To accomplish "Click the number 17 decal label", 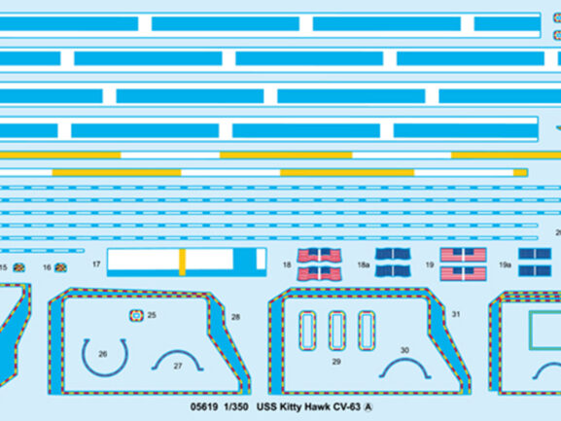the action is pyautogui.click(x=96, y=264).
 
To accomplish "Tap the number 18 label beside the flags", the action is pyautogui.click(x=287, y=265).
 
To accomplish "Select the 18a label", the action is pyautogui.click(x=364, y=265).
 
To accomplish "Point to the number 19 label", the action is pyautogui.click(x=430, y=265).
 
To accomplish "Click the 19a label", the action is pyautogui.click(x=506, y=265).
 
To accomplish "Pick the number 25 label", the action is pyautogui.click(x=152, y=315).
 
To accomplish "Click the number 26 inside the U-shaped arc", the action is pyautogui.click(x=103, y=354).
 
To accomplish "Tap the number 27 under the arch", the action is pyautogui.click(x=178, y=366).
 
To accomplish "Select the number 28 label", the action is pyautogui.click(x=235, y=317).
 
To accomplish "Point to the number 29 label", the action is pyautogui.click(x=336, y=362).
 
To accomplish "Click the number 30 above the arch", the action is pyautogui.click(x=404, y=350).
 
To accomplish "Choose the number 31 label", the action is pyautogui.click(x=455, y=314).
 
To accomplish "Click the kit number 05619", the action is pyautogui.click(x=204, y=407).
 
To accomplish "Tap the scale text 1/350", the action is pyautogui.click(x=236, y=407).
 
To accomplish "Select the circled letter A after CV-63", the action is pyautogui.click(x=368, y=407).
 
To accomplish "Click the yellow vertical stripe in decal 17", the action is pyautogui.click(x=182, y=263).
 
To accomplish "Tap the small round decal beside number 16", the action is pyautogui.click(x=61, y=267).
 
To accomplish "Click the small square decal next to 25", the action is pyautogui.click(x=136, y=315).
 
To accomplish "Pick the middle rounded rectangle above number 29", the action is pyautogui.click(x=337, y=331).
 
